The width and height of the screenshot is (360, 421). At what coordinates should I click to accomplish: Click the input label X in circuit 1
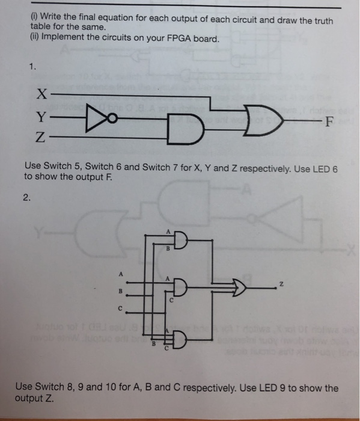(40, 94)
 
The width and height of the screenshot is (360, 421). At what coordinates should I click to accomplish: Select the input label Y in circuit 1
(39, 117)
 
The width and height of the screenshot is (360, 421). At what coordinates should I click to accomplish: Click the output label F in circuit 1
(328, 123)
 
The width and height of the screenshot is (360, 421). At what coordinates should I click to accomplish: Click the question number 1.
(31, 67)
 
